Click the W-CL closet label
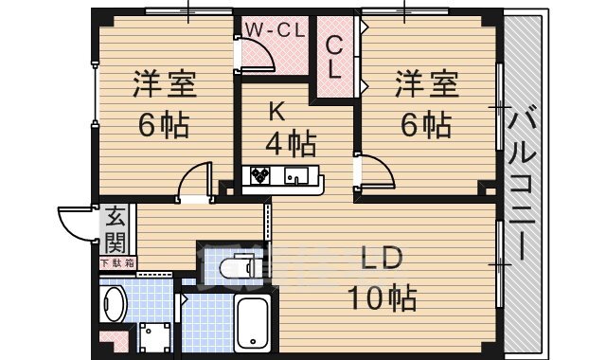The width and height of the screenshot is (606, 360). pyautogui.click(x=275, y=29)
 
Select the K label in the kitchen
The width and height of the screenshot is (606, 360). pyautogui.click(x=276, y=112)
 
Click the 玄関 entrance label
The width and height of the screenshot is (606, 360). pyautogui.click(x=115, y=228)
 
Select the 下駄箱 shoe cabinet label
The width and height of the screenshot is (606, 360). pyautogui.click(x=117, y=261)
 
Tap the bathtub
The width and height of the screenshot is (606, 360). pyautogui.click(x=253, y=322)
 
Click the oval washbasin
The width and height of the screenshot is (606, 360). pyautogui.click(x=115, y=306)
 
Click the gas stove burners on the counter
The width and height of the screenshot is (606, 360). pyautogui.click(x=260, y=175)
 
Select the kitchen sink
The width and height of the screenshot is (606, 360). pyautogui.click(x=296, y=175)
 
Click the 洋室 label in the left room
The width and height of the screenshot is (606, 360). pyautogui.click(x=164, y=85)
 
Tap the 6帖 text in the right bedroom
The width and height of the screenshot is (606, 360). pyautogui.click(x=424, y=123)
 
